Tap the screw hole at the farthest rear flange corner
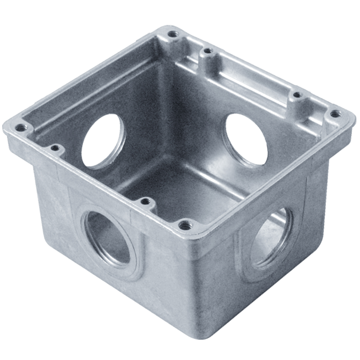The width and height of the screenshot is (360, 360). pos(172,34)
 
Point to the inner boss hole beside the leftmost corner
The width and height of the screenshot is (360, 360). pos(54,148)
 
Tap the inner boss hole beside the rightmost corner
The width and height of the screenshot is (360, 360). pos(297,95)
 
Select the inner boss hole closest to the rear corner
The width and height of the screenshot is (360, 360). pos(206,52)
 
